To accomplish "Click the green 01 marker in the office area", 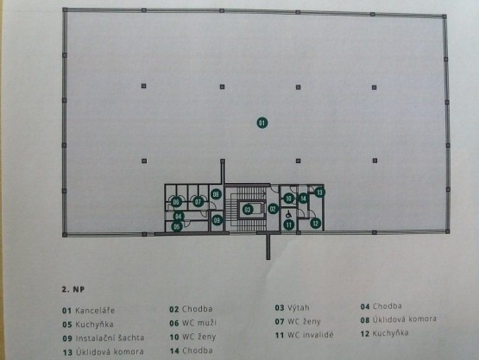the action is tap(262, 123).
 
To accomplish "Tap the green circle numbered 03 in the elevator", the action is tap(248, 210).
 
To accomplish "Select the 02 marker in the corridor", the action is tap(273, 209).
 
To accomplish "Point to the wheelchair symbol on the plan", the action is tap(288, 215).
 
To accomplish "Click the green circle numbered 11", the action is tap(288, 225).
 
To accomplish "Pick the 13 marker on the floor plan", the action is tap(319, 193).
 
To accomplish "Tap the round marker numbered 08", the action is tap(216, 194).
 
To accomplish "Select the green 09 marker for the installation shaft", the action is tap(217, 220).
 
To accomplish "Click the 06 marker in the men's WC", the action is tap(176, 202).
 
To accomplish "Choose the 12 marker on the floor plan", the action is tap(316, 223).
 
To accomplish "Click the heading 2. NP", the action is tap(73, 289).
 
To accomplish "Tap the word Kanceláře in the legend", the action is tap(95, 311).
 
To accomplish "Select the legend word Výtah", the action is tap(298, 307).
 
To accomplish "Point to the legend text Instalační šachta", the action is tap(110, 338).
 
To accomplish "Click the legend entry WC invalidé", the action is tap(311, 335).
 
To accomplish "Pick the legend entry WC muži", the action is tap(199, 323).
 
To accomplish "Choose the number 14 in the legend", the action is tap(174, 351).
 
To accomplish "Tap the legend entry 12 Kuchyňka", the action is tap(384, 333).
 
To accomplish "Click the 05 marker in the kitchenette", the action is tap(177, 227).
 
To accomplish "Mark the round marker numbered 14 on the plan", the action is tap(303, 199).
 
